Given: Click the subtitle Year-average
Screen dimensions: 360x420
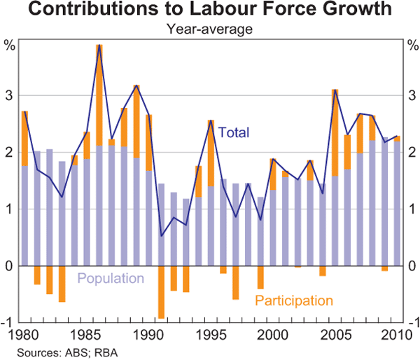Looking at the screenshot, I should pyautogui.click(x=209, y=29).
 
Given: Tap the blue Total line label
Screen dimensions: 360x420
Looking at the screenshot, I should pyautogui.click(x=234, y=132).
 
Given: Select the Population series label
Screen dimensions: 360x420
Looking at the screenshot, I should pyautogui.click(x=111, y=278).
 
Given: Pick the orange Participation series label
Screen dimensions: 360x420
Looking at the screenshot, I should pyautogui.click(x=293, y=300).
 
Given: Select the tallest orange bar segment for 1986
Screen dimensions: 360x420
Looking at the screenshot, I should pyautogui.click(x=99, y=95).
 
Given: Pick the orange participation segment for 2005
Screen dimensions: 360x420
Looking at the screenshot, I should pyautogui.click(x=335, y=133).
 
